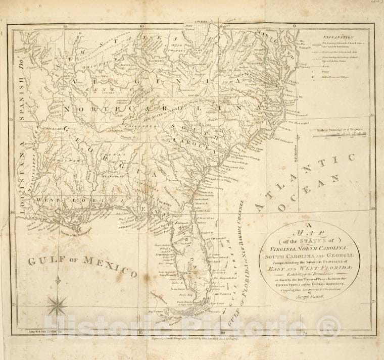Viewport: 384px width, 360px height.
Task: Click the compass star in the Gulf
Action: coord(57,305)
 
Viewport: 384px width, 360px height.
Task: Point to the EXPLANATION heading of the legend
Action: coord(339,37)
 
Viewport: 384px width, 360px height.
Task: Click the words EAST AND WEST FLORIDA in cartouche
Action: coord(309,271)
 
